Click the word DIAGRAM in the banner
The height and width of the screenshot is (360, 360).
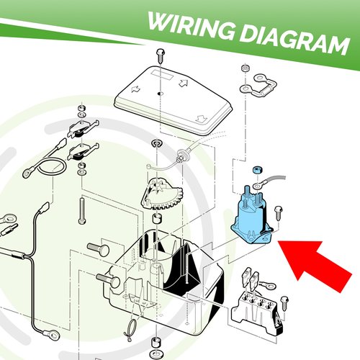[x=294, y=40]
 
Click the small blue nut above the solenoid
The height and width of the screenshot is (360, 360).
[x=257, y=171]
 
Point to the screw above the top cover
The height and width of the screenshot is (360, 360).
[x=160, y=55]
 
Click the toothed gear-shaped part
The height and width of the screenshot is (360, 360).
[x=162, y=194]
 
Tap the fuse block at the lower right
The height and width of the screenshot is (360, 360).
[x=257, y=310]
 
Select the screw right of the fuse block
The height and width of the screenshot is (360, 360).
[x=284, y=303]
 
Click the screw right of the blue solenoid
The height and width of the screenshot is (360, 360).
[x=278, y=213]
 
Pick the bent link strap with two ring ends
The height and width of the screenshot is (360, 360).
[x=258, y=86]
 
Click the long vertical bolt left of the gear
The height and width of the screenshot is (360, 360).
[x=82, y=211]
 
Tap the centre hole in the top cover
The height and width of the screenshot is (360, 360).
[x=160, y=93]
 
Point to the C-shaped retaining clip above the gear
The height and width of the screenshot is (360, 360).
[x=156, y=144]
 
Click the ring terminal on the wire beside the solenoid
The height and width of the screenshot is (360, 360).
[x=258, y=185]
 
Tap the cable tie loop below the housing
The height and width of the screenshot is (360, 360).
[x=130, y=330]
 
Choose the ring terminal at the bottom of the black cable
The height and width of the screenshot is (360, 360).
[x=51, y=333]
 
